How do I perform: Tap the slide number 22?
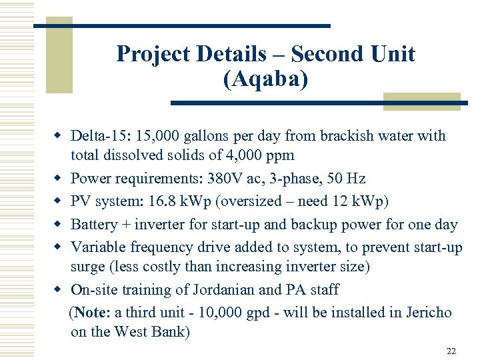pyautogui.click(x=451, y=351)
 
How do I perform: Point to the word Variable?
pyautogui.click(x=97, y=247)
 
